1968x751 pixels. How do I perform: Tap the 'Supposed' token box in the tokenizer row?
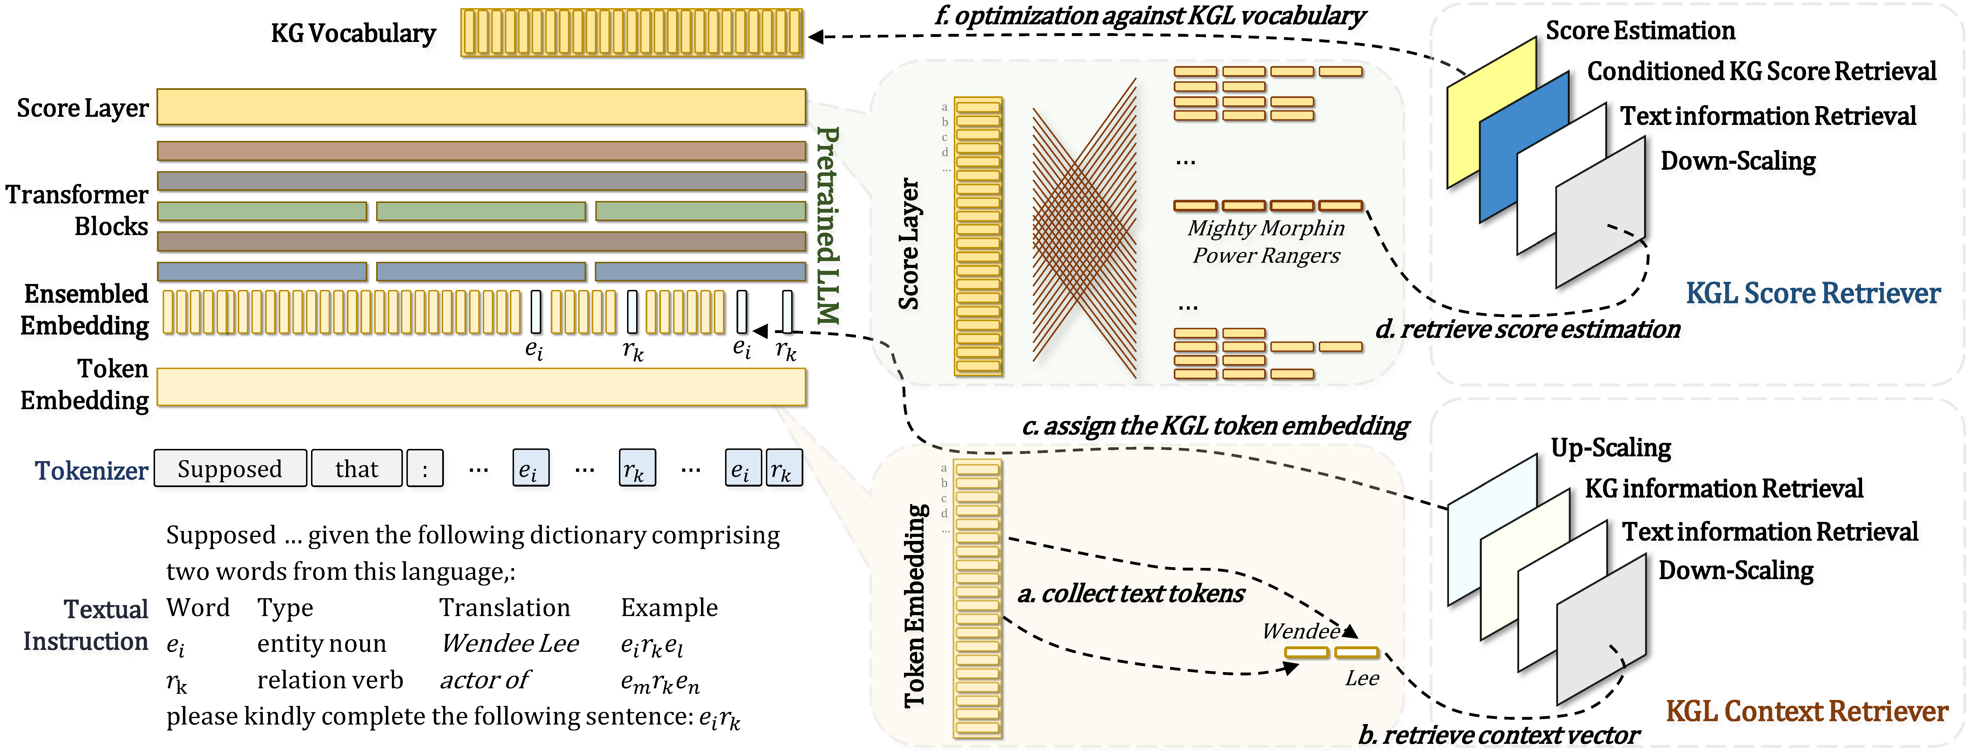(230, 468)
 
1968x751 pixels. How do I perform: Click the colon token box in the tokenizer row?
(425, 468)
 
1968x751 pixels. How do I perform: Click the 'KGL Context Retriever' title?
(1806, 711)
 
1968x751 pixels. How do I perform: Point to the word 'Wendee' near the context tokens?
(1300, 631)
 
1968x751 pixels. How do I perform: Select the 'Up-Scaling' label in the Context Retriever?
(1610, 448)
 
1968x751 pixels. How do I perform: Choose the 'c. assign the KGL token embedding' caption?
(1215, 426)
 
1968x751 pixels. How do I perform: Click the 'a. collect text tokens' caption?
(1131, 594)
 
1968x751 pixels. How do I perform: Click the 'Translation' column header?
(504, 607)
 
